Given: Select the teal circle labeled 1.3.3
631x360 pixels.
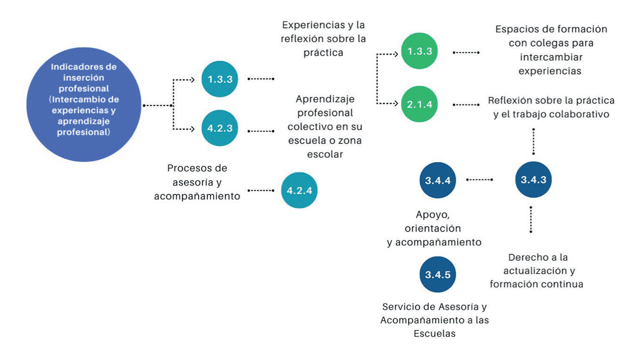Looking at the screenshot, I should point(219,79).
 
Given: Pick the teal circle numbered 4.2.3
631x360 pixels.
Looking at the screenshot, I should point(219,128).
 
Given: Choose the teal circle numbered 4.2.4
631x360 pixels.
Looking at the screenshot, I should point(299,190).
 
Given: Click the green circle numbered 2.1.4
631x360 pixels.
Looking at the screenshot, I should point(419,104).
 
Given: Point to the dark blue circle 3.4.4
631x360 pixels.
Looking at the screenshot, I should point(437,180).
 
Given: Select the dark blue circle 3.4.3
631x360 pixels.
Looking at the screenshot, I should point(533,180).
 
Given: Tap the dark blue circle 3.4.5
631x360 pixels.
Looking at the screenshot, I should point(437,275).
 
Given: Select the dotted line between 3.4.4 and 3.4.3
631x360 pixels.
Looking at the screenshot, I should point(479,180).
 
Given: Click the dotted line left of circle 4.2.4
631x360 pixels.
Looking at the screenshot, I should point(260,190).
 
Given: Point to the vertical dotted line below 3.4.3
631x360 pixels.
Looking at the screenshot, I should point(531,219).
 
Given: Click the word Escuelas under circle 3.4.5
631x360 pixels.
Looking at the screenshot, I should point(435,334).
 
